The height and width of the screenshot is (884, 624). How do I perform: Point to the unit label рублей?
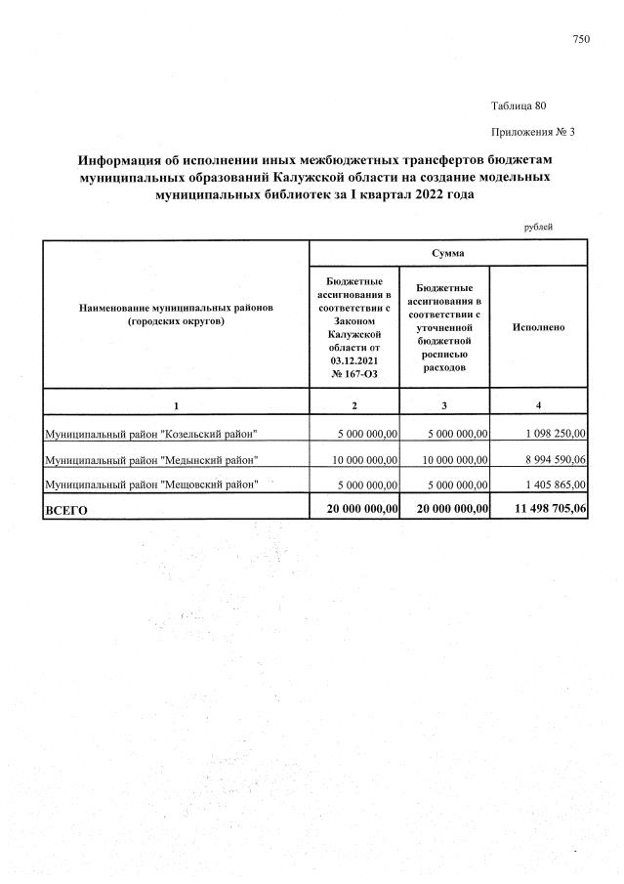coord(538,227)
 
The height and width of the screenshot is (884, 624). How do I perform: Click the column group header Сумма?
coord(447,253)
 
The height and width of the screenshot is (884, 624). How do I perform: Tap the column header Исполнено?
coord(538,327)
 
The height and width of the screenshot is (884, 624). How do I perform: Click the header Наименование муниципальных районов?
coord(176,307)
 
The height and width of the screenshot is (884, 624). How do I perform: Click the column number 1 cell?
coord(176,404)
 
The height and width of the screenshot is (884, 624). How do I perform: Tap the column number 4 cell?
coord(538,404)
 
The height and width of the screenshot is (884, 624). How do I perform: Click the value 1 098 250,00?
coord(552,433)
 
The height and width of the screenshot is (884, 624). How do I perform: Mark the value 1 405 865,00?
coord(552,483)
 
